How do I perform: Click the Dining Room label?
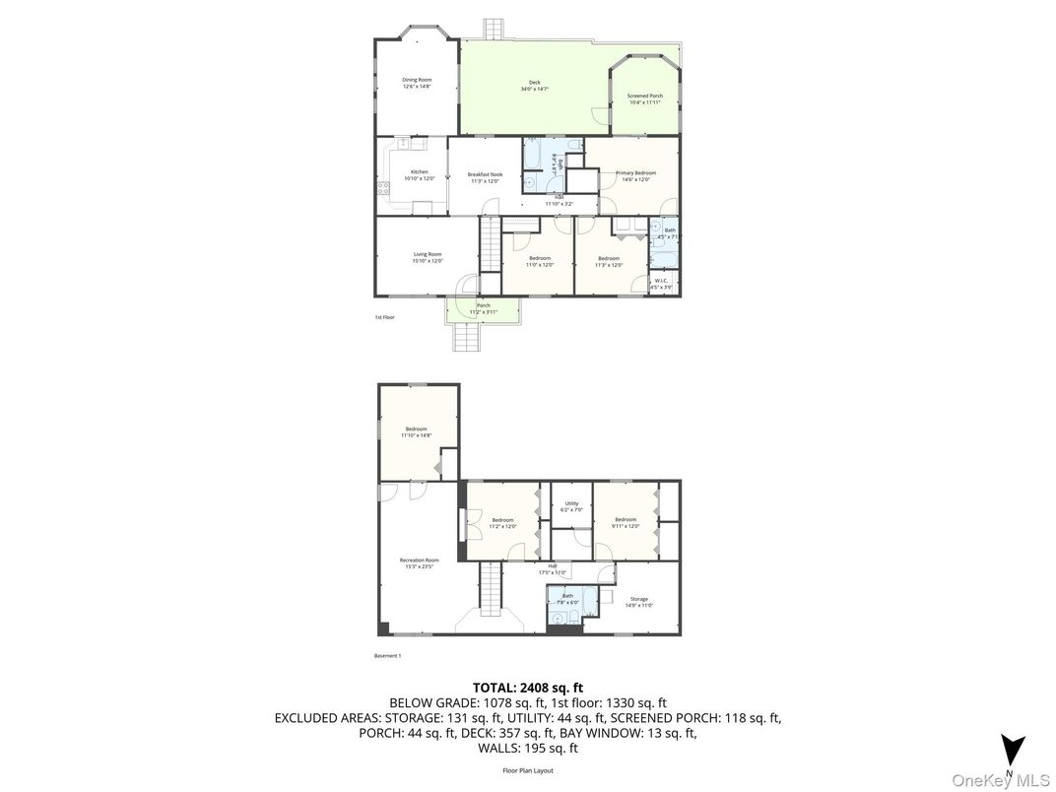click(x=417, y=83)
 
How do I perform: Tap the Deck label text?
click(x=534, y=86)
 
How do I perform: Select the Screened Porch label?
click(x=645, y=99)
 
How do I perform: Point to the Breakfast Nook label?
click(x=485, y=177)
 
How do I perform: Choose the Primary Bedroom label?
click(x=635, y=175)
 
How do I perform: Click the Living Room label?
click(x=428, y=257)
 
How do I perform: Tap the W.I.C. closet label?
click(x=661, y=283)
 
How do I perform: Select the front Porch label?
click(x=484, y=308)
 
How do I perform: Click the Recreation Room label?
click(x=419, y=562)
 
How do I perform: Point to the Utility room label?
click(x=571, y=506)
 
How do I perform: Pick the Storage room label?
click(x=639, y=602)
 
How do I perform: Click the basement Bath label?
click(x=567, y=598)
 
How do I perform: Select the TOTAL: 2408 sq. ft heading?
click(x=528, y=688)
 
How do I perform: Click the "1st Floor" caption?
click(x=384, y=317)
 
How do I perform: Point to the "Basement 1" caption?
click(x=388, y=656)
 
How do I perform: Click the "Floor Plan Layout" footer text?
click(x=528, y=770)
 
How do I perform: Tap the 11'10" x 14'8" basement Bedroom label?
click(x=417, y=431)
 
